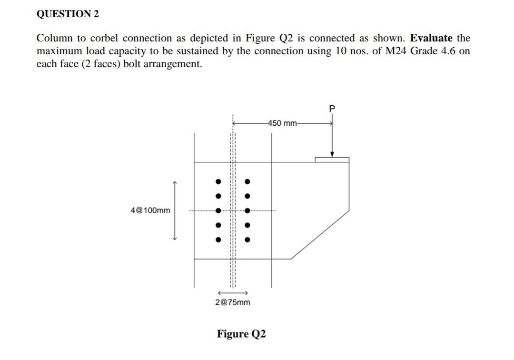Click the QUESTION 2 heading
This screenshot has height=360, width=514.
click(68, 14)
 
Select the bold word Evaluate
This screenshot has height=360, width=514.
click(431, 38)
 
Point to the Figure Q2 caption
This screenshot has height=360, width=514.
click(241, 333)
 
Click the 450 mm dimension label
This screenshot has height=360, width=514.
click(283, 123)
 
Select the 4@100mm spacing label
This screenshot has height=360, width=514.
click(150, 210)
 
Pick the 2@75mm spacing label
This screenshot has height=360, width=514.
click(232, 302)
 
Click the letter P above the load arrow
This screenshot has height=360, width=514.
click(332, 109)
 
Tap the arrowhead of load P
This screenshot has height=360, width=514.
click(332, 154)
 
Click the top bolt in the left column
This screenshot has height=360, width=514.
click(218, 181)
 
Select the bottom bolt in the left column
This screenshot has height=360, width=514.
click(218, 240)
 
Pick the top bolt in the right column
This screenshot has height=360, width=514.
click(247, 181)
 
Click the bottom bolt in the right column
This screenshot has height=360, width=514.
click(247, 240)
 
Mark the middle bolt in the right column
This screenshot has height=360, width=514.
click(247, 211)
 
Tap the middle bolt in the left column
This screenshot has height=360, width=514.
click(218, 211)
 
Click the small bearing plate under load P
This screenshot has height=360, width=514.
click(332, 160)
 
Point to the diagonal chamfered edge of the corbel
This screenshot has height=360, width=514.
click(320, 234)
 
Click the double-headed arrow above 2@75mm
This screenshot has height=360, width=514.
click(232, 292)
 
